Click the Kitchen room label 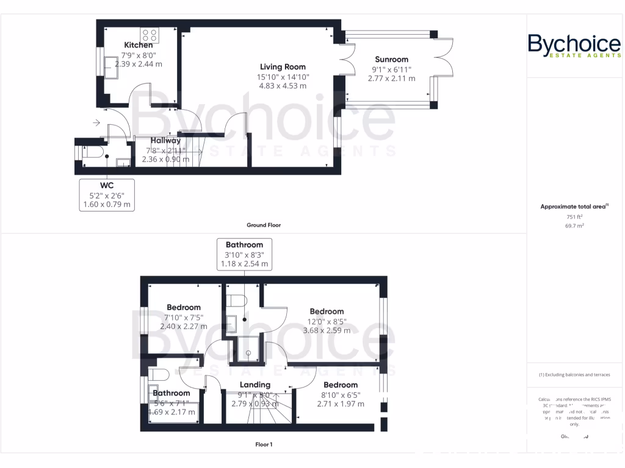[139, 45]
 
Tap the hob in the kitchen [150, 35]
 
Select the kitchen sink [112, 68]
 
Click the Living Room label [283, 67]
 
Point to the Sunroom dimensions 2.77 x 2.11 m [394, 79]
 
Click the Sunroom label [391, 60]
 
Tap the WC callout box [107, 194]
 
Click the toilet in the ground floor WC [90, 155]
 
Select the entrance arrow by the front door [96, 123]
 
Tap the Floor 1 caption [264, 444]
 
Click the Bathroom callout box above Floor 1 [244, 254]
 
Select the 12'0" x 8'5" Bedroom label [327, 311]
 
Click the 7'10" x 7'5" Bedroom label [184, 308]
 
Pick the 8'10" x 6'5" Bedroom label [341, 385]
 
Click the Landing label [255, 385]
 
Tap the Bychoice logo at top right [574, 46]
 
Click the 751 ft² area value [574, 216]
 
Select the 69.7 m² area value [574, 225]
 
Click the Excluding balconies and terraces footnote [574, 375]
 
